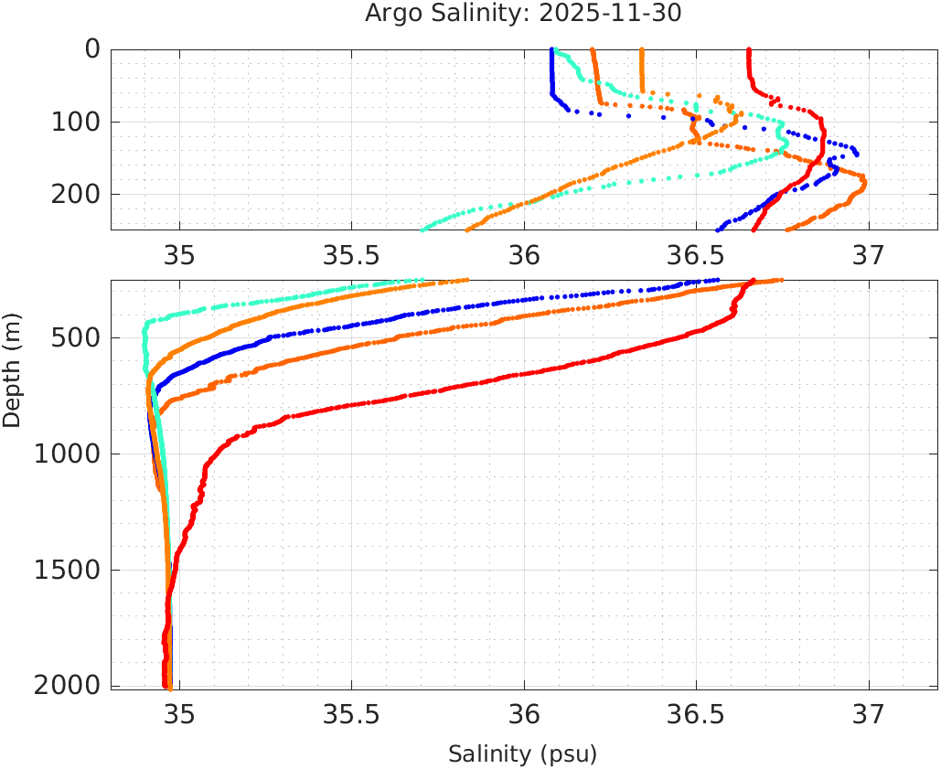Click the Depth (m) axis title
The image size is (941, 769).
[12, 368]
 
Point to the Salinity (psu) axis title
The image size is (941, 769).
[522, 754]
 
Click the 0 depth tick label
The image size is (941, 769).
[92, 49]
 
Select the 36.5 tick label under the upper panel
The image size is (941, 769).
[696, 253]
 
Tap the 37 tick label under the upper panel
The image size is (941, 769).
[868, 253]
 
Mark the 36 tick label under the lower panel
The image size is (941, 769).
[524, 713]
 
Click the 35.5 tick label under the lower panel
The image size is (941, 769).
[351, 713]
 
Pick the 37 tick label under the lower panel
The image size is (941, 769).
[868, 713]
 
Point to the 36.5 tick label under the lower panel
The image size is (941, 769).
[696, 713]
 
